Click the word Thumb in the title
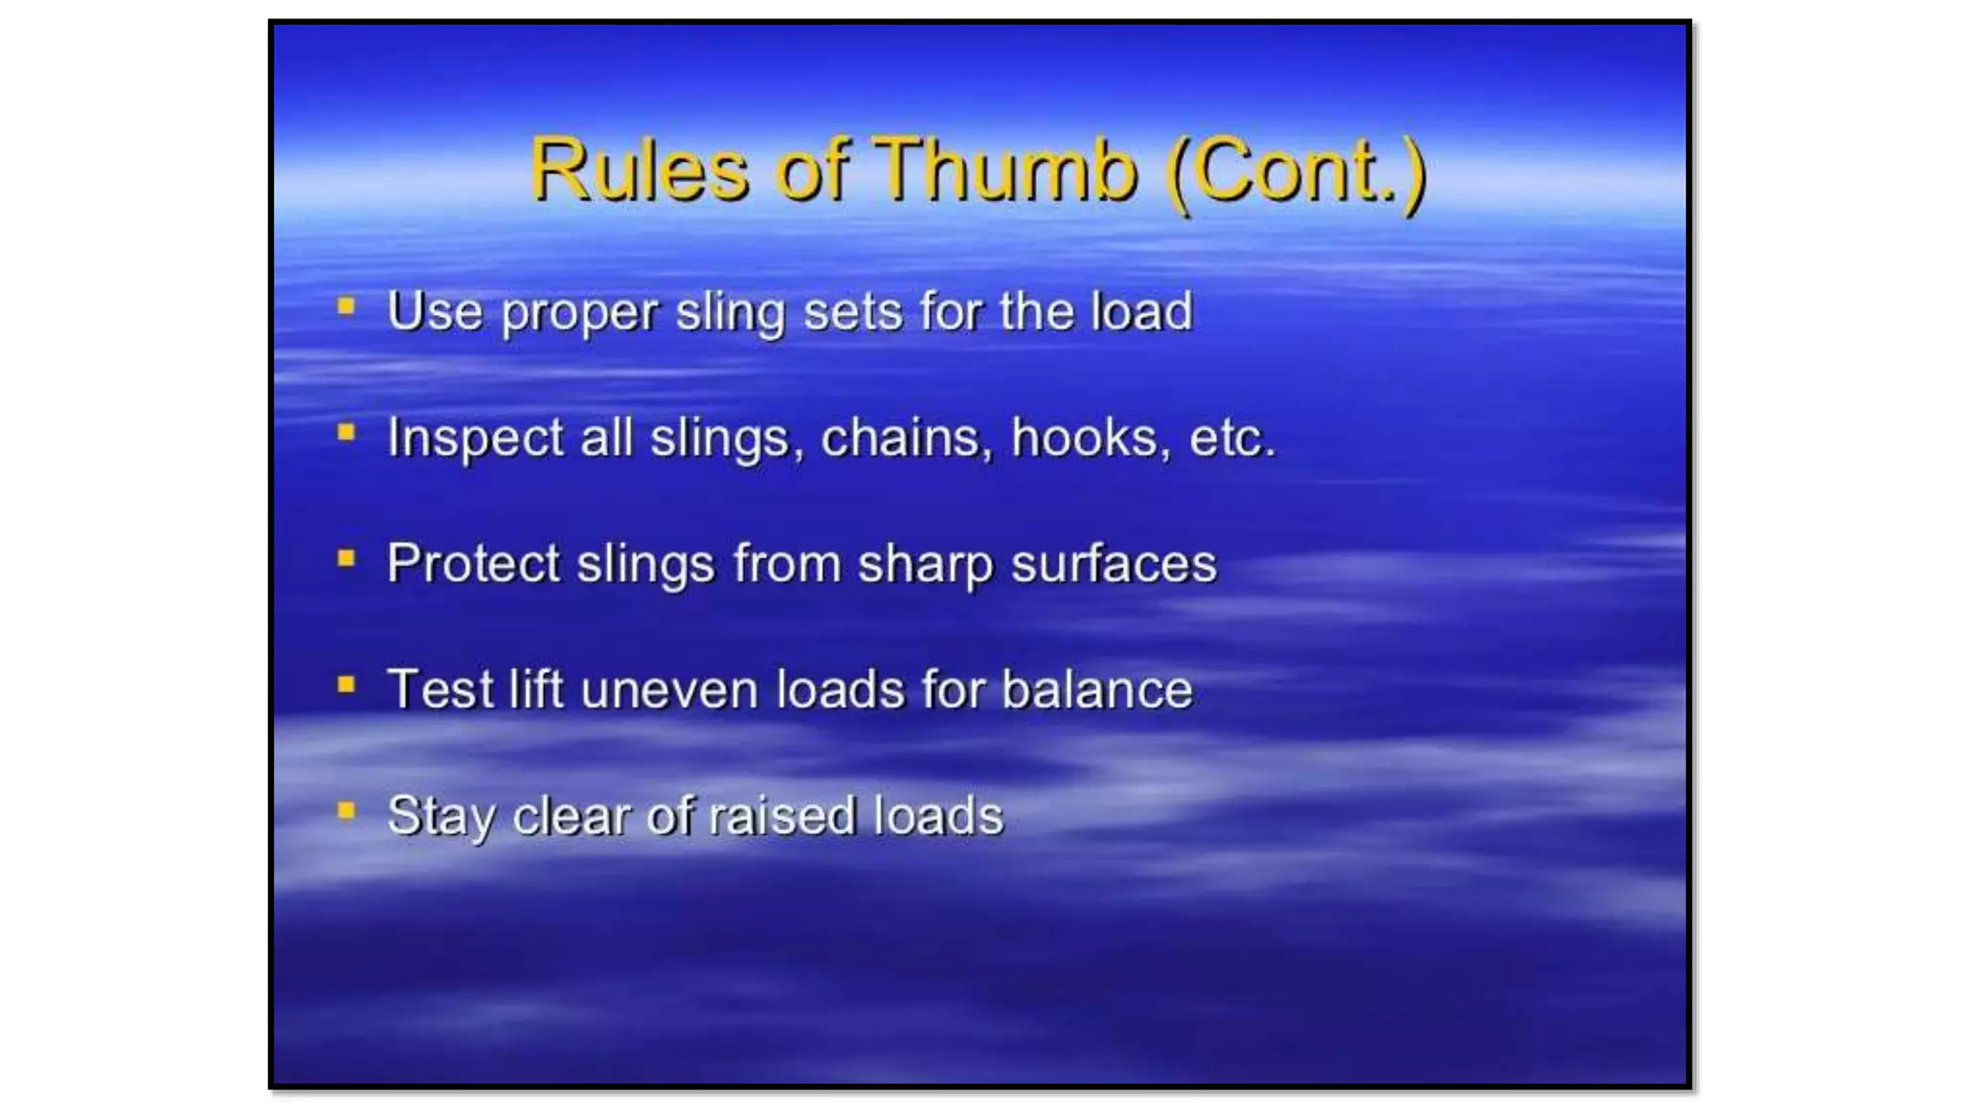tap(1005, 169)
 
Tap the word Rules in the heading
tap(639, 169)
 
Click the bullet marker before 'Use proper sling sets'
tap(347, 306)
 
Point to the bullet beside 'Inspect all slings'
tap(347, 433)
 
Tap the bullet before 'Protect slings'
tap(347, 558)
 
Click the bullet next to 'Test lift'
tap(347, 685)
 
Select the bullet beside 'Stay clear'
tap(347, 811)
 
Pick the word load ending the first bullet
tap(1143, 311)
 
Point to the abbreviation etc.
tap(1231, 439)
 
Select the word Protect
tap(473, 563)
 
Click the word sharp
tap(925, 565)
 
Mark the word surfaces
tap(1114, 563)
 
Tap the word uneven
tap(669, 689)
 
